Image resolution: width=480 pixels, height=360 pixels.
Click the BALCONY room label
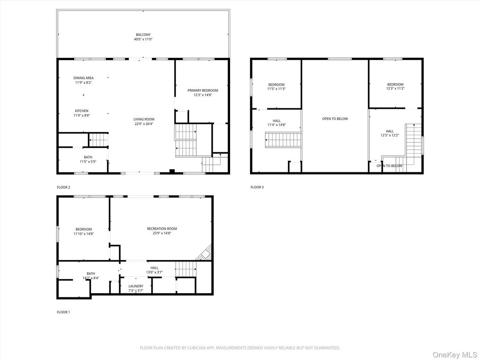pos(143,34)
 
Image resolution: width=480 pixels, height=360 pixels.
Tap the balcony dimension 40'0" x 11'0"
pos(143,39)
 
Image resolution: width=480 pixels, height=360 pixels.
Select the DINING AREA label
pos(84,78)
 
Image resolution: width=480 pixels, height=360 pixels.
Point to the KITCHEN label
pos(81,111)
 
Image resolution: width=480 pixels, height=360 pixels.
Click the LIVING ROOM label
pos(144,119)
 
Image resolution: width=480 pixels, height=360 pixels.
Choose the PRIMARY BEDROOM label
pos(203,90)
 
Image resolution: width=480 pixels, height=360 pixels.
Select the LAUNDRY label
pos(136,286)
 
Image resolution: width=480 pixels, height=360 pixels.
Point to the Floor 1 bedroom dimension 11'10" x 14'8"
pos(83,233)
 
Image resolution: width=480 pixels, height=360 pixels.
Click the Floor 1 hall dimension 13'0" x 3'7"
pos(154,272)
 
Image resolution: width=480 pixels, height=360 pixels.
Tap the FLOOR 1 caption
pos(64,312)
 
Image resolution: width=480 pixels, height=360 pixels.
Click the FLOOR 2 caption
pos(64,187)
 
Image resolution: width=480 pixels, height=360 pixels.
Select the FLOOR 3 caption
pos(257,187)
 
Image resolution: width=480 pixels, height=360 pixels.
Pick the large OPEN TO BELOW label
pos(335,119)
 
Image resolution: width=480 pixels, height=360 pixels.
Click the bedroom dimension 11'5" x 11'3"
pos(276,89)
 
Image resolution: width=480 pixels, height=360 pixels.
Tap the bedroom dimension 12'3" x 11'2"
pos(395,88)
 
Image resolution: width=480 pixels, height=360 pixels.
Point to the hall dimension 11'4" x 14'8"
pos(277,125)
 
